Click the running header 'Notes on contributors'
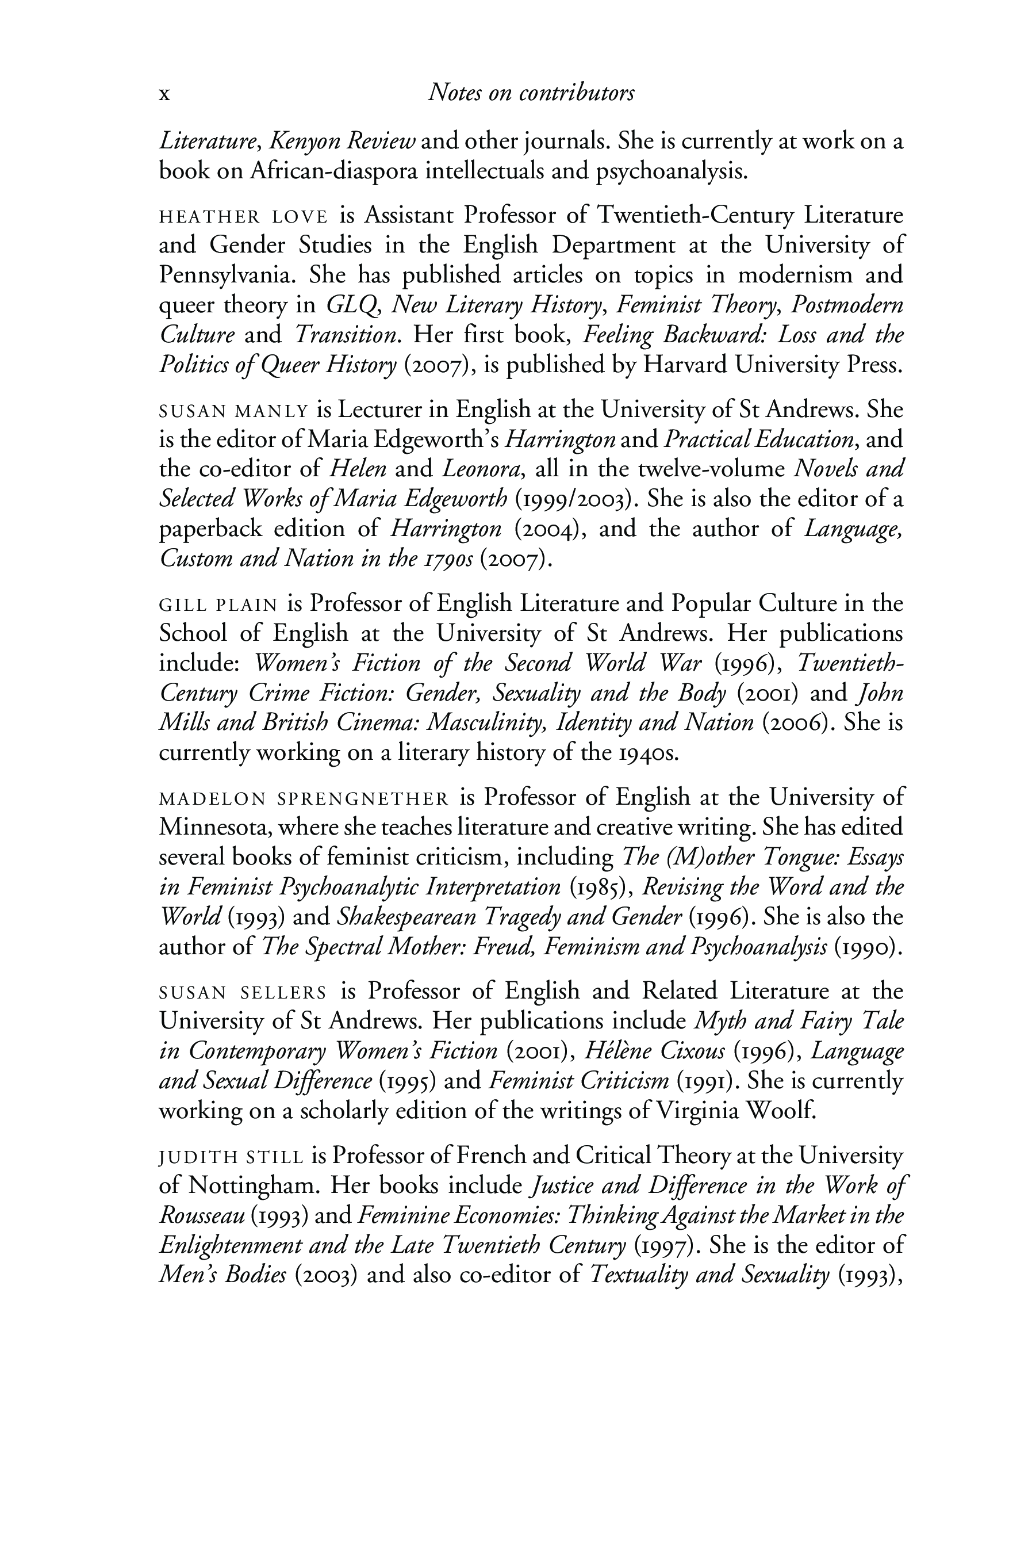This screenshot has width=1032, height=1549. (531, 93)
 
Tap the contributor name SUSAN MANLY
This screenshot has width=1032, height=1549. (233, 411)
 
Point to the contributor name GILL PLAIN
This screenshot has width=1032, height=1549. (218, 605)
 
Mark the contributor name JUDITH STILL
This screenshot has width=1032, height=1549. (231, 1157)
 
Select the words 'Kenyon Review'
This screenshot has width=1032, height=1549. (342, 141)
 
